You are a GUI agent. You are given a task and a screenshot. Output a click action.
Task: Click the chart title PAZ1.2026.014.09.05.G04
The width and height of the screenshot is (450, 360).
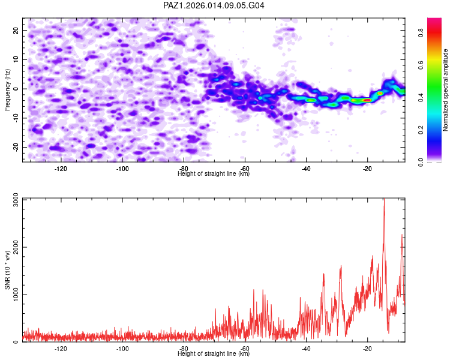pos(214,5)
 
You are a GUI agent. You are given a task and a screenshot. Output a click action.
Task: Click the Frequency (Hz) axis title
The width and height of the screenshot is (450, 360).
pos(8,88)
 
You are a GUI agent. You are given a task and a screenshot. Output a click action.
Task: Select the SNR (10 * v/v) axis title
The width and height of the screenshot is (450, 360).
pos(8,270)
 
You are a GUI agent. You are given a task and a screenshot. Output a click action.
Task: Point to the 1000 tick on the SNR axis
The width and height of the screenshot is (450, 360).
pos(12,295)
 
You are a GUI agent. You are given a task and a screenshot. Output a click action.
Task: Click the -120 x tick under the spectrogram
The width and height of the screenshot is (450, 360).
pos(61,169)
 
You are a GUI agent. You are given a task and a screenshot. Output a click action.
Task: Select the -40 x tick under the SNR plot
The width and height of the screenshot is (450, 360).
pos(306,349)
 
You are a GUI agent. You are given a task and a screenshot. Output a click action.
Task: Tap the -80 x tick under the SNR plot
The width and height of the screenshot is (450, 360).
pos(184,349)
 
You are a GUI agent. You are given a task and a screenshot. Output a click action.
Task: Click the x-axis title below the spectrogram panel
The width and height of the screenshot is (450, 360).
pos(214,174)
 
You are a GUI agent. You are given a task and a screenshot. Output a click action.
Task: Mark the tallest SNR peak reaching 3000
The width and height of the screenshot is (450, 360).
pos(384,200)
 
